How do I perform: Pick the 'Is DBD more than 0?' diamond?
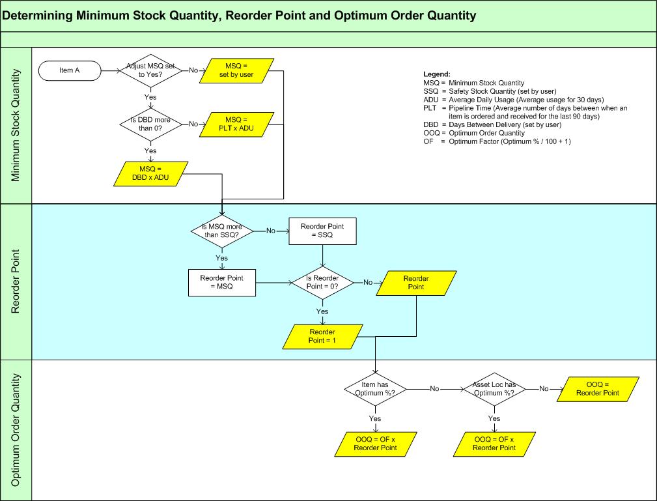click(150, 123)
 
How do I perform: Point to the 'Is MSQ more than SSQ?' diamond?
click(223, 230)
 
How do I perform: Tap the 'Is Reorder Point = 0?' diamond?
click(322, 283)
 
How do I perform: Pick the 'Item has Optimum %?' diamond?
click(376, 388)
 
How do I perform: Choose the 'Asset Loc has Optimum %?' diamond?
click(494, 388)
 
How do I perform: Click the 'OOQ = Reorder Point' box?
click(597, 389)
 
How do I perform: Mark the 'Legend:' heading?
click(437, 74)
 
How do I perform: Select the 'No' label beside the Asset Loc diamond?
click(544, 388)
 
